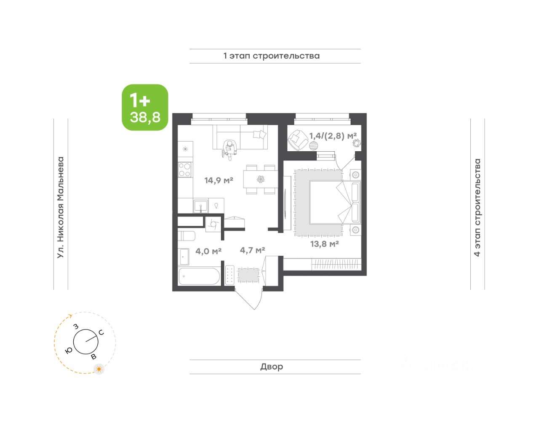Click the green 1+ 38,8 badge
145,107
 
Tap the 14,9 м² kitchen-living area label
219,180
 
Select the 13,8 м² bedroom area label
324,244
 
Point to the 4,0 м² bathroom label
208,251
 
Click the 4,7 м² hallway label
252,250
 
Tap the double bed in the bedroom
335,202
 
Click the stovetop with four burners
185,170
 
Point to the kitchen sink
201,206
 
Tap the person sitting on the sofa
229,149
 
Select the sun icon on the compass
99,369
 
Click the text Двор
272,367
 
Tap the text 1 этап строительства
272,56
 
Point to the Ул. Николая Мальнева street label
61,207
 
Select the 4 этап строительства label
477,207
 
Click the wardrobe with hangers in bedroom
336,264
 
